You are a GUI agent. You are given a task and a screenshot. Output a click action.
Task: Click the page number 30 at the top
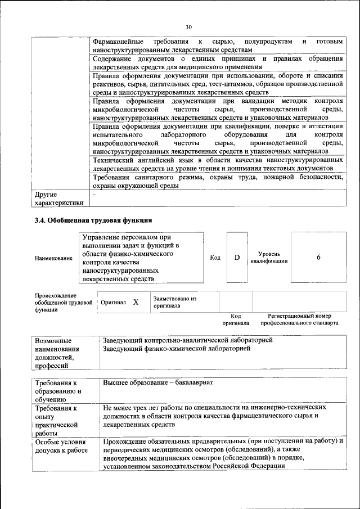[188, 26]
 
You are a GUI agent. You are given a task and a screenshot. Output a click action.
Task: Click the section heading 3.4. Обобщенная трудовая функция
[93, 220]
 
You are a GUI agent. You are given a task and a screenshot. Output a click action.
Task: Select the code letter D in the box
[237, 258]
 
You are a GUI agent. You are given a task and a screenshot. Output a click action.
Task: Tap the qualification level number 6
[318, 258]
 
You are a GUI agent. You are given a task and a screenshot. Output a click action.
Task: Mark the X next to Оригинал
[136, 302]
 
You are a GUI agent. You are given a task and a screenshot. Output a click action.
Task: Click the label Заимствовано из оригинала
[174, 303]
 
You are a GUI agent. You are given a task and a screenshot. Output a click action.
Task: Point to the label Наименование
[53, 258]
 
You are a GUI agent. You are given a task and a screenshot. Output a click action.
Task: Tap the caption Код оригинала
[235, 319]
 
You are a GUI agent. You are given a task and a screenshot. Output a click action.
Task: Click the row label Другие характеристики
[59, 198]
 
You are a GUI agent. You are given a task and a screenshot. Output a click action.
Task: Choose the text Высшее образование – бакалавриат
[158, 382]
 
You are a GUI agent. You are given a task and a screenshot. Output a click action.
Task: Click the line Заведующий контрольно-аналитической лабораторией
[187, 341]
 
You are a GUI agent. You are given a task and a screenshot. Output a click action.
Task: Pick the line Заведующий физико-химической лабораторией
[177, 349]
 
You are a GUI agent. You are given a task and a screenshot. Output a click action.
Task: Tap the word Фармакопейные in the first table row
[119, 42]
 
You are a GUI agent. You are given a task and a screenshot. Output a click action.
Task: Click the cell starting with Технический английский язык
[218, 164]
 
